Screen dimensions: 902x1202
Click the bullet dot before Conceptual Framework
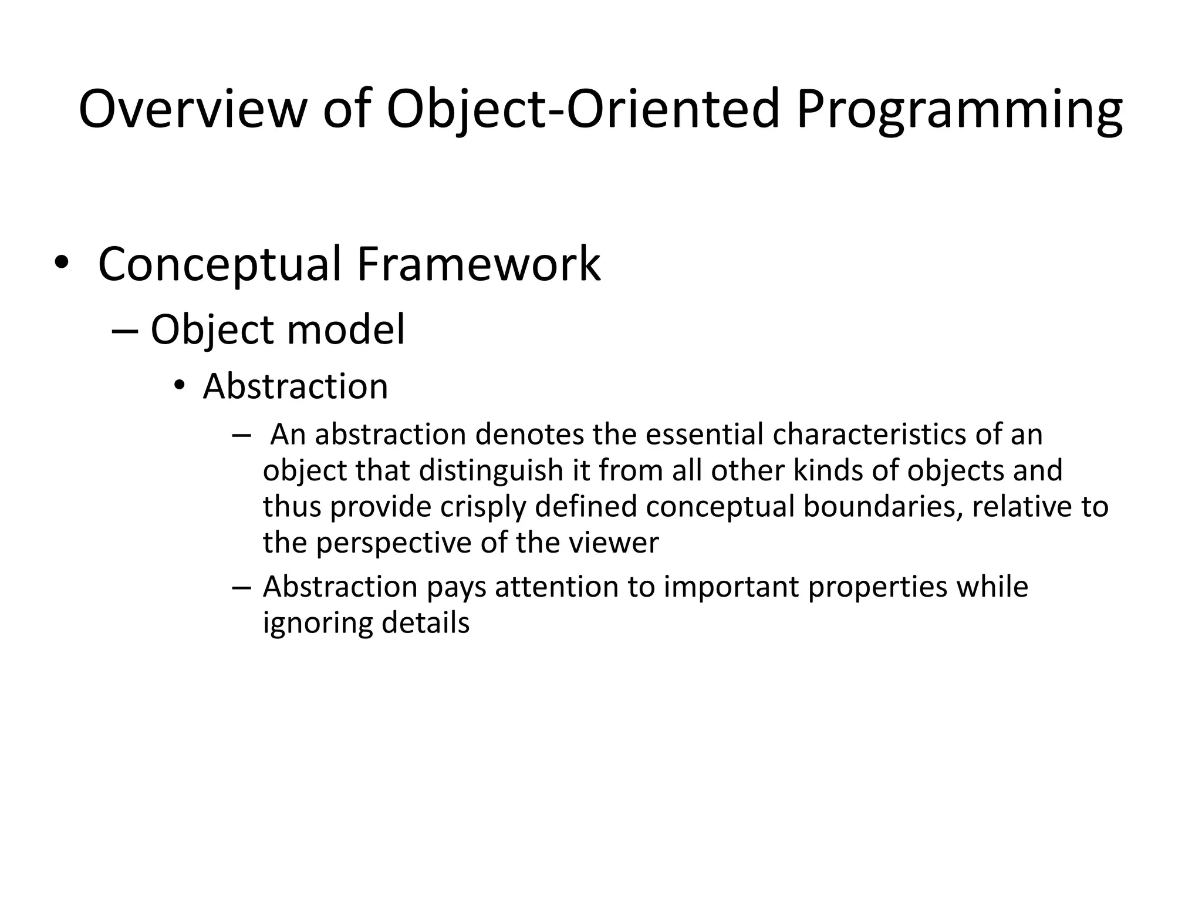60,264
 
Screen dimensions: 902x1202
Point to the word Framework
478,264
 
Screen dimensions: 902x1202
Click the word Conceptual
220,264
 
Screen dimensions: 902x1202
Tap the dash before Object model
124,331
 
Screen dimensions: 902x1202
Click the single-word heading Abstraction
295,386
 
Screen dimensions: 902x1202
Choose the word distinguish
491,471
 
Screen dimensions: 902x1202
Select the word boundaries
883,507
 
